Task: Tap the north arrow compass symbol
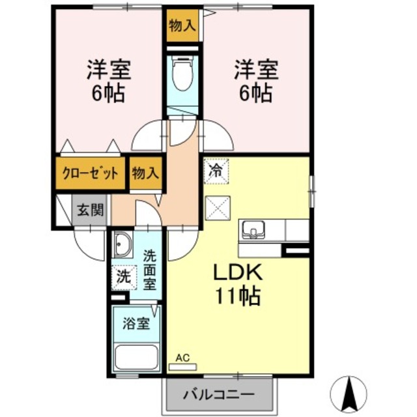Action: click(348, 393)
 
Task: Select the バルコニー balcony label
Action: click(219, 394)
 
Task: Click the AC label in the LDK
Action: click(182, 358)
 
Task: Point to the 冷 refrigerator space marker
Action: click(216, 171)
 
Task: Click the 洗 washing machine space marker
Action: click(124, 277)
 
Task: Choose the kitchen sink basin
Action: click(253, 229)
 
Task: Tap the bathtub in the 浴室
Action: click(137, 357)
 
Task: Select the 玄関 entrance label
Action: click(90, 211)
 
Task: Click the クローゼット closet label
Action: click(90, 173)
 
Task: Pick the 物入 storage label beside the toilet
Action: click(182, 26)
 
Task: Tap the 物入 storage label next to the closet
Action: click(146, 173)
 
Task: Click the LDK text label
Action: click(238, 272)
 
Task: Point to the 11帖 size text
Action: click(238, 296)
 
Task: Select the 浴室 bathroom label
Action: click(136, 323)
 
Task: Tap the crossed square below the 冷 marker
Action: click(218, 208)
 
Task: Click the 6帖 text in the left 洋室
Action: click(109, 94)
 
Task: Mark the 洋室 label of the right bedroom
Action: click(256, 70)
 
